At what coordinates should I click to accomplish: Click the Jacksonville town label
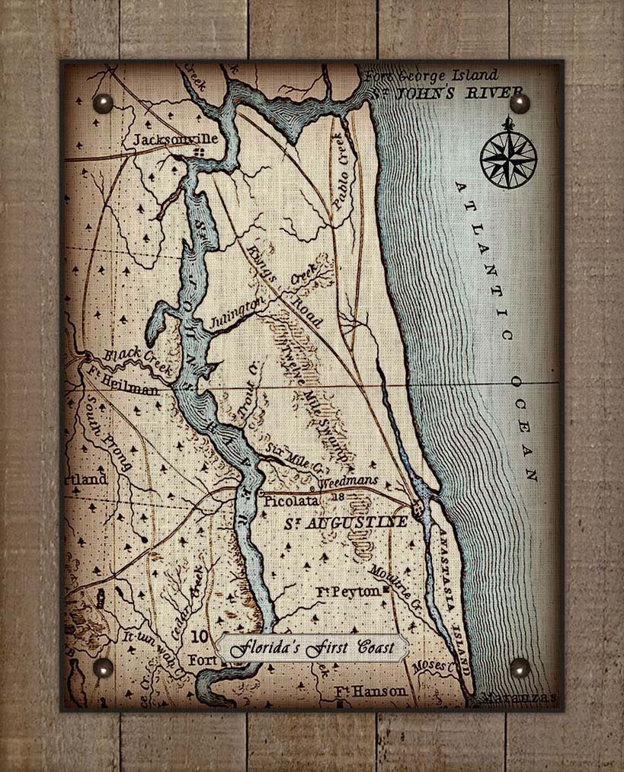175,139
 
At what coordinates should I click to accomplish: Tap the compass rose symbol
508,158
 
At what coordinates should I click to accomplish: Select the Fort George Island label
431,75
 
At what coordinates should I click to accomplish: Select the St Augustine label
346,523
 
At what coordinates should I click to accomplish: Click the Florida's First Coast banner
312,648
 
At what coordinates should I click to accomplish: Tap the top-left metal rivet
102,103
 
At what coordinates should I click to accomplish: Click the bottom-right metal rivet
520,668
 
